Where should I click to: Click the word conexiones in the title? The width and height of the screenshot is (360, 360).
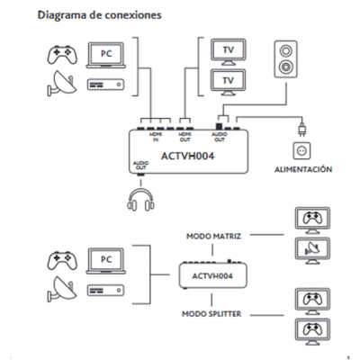click(131, 15)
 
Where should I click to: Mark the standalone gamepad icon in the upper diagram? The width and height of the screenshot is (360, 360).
click(59, 54)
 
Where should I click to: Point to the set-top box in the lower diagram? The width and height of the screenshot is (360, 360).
click(100, 289)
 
